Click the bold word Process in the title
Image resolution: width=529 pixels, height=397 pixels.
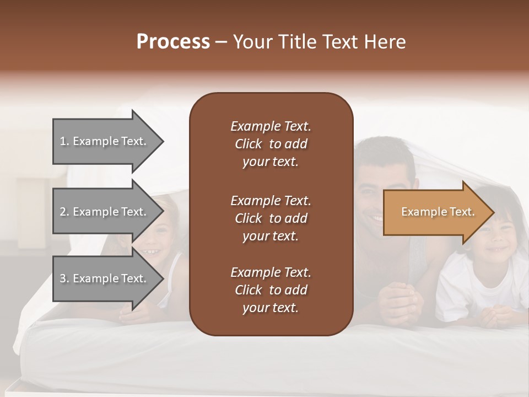coord(173,42)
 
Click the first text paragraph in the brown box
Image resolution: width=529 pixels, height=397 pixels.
coord(271,144)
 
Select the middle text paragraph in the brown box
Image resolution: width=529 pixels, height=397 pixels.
coord(271,218)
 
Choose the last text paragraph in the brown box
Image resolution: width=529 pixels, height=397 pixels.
coord(271,290)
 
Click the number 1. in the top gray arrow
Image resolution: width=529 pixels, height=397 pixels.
coord(64,141)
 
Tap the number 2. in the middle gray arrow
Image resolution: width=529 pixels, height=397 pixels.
coord(64,212)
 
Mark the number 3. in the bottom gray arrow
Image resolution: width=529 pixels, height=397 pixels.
coord(64,278)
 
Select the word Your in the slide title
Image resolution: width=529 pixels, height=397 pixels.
coord(251,42)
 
